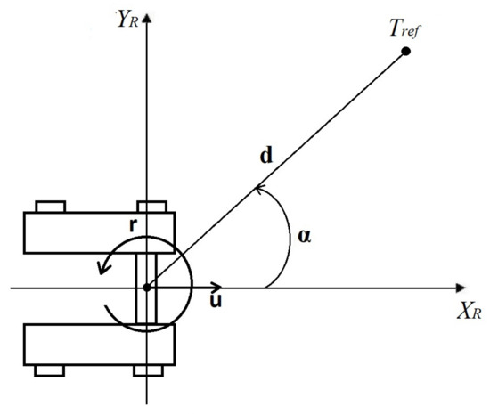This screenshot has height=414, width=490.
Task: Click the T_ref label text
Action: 405,28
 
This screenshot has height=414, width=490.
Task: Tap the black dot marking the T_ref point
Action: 405,52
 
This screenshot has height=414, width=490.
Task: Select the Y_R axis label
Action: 127,20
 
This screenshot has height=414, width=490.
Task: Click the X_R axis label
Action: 470,311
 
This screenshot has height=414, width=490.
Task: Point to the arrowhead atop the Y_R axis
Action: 147,19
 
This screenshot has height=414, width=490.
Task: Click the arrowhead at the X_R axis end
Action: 461,288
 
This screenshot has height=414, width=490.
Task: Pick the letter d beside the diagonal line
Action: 266,155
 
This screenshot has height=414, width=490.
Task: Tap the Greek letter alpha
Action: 305,236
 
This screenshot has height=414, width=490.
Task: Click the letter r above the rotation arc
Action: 134,225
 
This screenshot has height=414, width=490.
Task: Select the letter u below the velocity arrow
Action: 216,300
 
